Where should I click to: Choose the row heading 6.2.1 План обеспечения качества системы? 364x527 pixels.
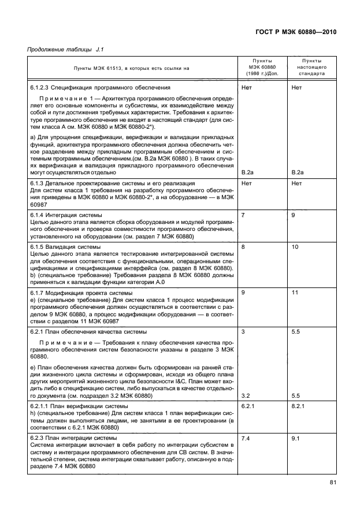pos(88,332)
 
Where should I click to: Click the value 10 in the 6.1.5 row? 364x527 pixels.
pos(295,246)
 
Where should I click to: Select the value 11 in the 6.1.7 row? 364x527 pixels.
pos(295,293)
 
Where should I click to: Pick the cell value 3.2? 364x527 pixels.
pos(245,395)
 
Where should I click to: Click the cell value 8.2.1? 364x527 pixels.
pos(299,406)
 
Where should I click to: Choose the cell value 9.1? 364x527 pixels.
pos(296,438)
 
